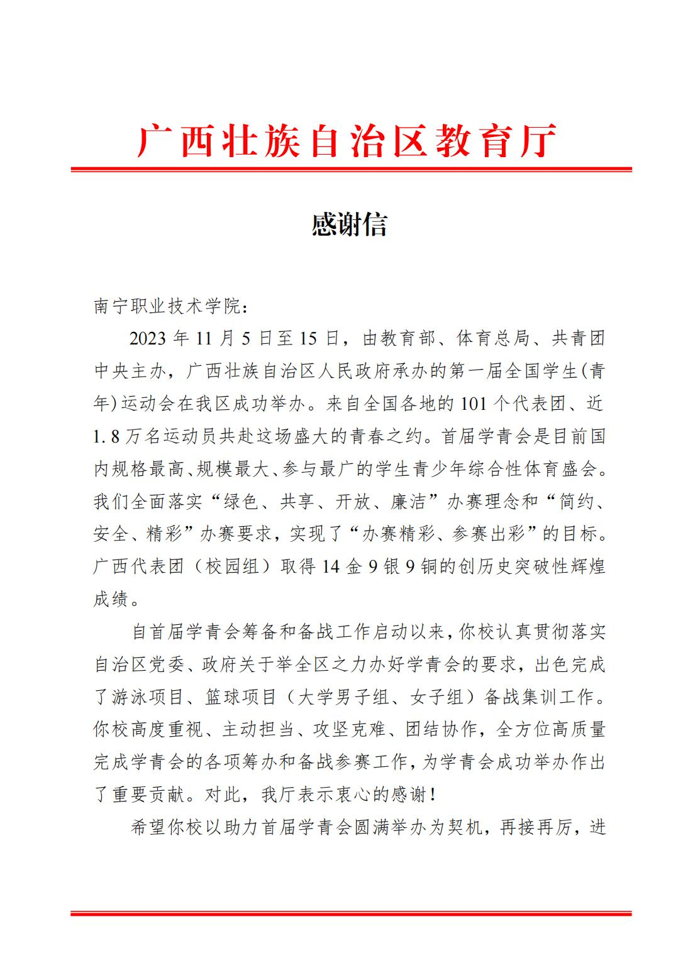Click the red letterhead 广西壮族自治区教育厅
(x=347, y=140)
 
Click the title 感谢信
(x=349, y=224)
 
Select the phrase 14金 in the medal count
(x=341, y=566)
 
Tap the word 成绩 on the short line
(x=111, y=599)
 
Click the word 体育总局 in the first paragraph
(x=484, y=339)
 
